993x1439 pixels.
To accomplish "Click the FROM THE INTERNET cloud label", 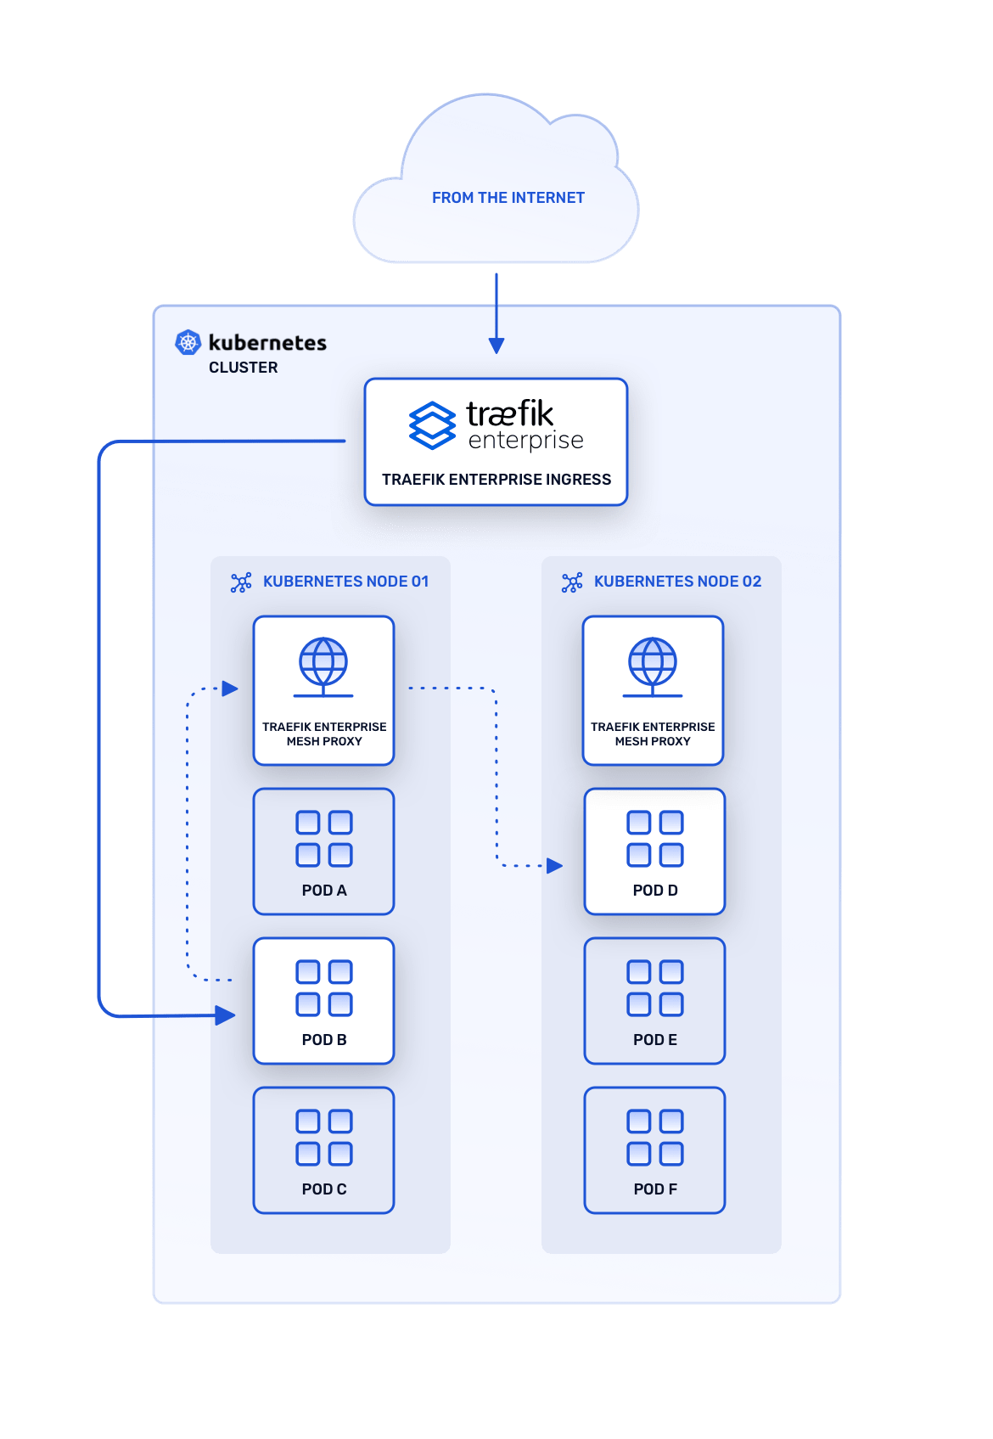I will [508, 198].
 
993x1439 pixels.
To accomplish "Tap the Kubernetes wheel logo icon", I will [188, 342].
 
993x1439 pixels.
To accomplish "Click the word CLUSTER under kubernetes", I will [243, 368].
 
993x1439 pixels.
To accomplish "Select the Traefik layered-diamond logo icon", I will [432, 424].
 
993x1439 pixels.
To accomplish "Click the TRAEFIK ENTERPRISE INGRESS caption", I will [496, 480].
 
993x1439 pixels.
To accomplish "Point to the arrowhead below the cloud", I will [496, 345].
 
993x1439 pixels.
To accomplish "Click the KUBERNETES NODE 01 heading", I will [345, 582].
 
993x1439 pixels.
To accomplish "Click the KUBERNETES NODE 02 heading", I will [677, 582].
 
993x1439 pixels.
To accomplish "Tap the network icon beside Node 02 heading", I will [572, 582].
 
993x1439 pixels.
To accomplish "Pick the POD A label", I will [324, 891].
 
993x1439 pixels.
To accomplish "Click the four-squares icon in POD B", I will [324, 988].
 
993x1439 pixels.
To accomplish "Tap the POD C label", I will [324, 1189].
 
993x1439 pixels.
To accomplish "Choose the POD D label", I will [655, 891].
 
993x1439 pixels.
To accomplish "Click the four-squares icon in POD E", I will [655, 988].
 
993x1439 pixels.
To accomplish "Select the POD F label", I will [655, 1189].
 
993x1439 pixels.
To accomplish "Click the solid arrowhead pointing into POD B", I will [225, 1015].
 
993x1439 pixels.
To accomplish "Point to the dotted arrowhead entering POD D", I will [555, 866].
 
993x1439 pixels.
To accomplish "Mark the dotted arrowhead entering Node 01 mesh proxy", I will [230, 689].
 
